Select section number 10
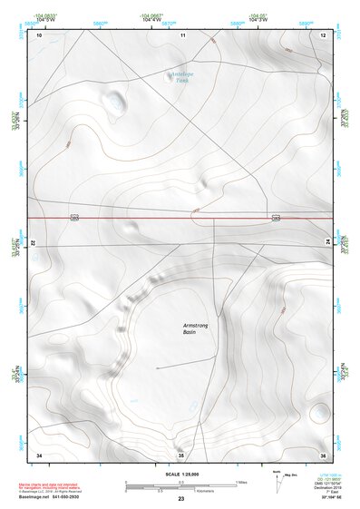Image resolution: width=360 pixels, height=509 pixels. click(39, 34)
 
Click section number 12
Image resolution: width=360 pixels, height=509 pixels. click(323, 34)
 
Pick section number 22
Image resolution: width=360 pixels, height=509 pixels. click(33, 244)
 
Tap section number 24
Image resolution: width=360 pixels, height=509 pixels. click(327, 241)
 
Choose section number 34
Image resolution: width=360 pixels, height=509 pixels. click(39, 454)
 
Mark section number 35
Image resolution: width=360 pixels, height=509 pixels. click(180, 455)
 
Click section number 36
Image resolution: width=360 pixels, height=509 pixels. click(322, 454)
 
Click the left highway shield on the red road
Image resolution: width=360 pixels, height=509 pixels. click(75, 218)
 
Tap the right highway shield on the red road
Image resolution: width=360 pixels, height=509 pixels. click(276, 217)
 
